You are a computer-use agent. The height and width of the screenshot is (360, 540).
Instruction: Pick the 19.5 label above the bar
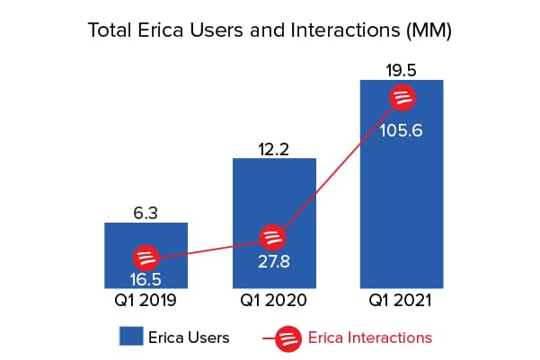402,69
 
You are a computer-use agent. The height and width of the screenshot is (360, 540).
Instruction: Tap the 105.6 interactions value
402,128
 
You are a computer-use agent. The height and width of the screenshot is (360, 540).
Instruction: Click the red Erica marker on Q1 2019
146,257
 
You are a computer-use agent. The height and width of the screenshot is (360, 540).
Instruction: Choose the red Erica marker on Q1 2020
274,238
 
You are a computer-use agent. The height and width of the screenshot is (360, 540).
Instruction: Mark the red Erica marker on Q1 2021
402,97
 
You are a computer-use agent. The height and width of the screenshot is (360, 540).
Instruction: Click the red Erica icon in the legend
288,338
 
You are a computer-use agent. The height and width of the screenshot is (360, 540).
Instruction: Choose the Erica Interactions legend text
370,338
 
